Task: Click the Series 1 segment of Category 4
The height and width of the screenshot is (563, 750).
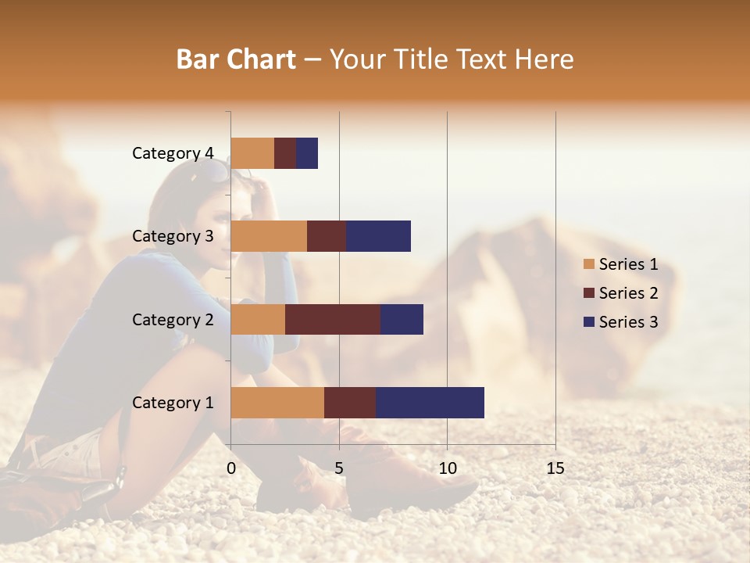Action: point(252,153)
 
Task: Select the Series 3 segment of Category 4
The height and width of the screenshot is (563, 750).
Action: point(307,153)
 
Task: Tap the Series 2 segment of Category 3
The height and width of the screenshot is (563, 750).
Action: point(327,236)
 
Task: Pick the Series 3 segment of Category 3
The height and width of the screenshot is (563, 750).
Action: point(378,236)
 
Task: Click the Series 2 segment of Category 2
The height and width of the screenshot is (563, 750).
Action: point(333,319)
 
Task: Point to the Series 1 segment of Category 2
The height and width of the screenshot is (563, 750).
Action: point(258,319)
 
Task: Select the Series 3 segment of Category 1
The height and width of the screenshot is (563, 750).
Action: point(430,402)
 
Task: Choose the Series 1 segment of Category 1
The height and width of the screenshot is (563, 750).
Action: point(277,402)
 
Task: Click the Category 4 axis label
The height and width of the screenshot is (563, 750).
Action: point(173,153)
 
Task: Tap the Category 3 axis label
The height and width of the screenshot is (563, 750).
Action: point(173,236)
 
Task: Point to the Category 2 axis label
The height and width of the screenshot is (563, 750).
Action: point(173,319)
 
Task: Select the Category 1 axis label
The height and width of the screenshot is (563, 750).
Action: point(173,403)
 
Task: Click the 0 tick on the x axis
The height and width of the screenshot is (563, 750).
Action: point(231,468)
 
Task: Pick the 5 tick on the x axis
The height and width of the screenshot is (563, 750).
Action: point(339,468)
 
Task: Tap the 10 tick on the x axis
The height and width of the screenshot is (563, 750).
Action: point(447,468)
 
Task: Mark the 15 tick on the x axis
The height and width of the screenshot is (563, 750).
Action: point(555,468)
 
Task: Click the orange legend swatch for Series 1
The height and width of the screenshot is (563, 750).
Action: point(588,264)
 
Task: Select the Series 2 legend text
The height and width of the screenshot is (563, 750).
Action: point(628,293)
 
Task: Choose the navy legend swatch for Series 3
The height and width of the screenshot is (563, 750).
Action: point(588,322)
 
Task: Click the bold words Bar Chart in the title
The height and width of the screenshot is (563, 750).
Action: point(236,59)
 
